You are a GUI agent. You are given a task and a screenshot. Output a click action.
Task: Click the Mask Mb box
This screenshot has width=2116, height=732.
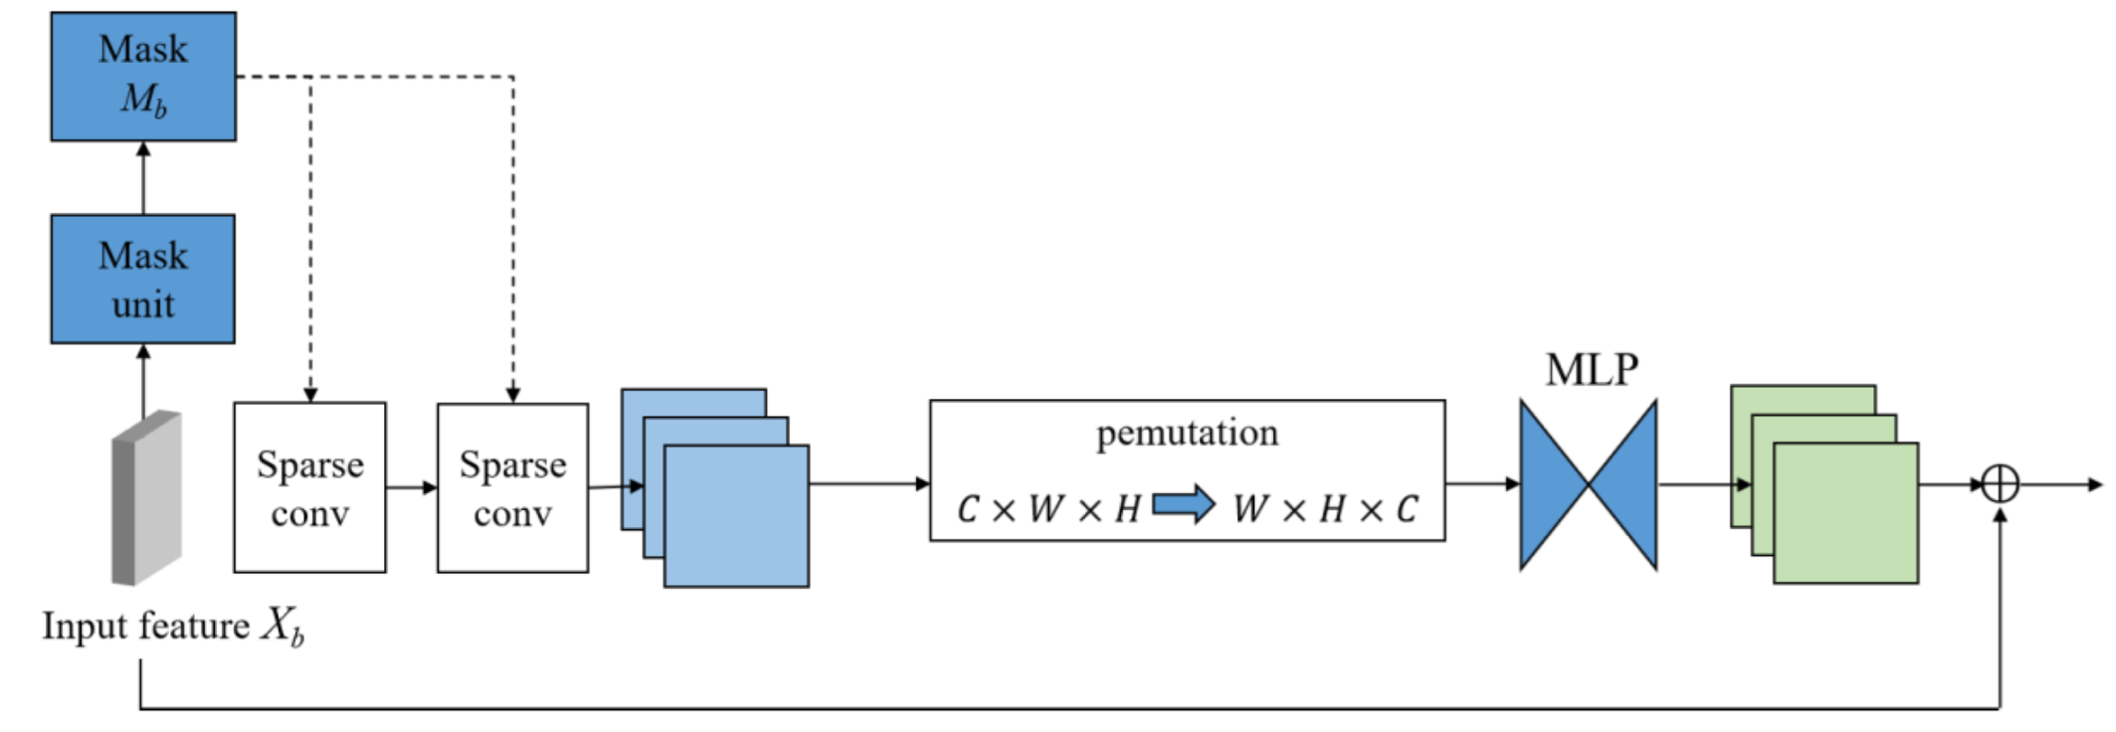(x=143, y=77)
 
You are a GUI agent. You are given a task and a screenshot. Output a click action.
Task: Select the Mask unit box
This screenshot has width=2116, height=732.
(x=143, y=279)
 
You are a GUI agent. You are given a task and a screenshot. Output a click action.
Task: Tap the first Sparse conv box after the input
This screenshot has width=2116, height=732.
(x=309, y=487)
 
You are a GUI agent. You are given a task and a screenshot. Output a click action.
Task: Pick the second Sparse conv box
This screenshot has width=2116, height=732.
(x=512, y=487)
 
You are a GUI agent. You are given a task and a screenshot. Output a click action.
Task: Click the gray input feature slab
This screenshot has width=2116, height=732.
(x=146, y=497)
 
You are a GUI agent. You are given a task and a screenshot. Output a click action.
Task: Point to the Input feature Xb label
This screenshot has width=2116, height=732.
(x=172, y=627)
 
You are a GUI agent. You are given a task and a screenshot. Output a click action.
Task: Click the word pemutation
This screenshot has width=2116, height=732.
(x=1187, y=434)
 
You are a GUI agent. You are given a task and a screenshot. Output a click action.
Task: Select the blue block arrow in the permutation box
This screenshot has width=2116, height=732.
(x=1183, y=505)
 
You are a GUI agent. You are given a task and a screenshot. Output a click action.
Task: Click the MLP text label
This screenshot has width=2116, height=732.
(x=1592, y=370)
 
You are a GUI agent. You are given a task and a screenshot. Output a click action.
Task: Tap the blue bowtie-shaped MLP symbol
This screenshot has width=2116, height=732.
(x=1589, y=485)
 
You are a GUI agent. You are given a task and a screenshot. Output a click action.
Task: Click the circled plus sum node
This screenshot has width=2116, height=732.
(x=2000, y=484)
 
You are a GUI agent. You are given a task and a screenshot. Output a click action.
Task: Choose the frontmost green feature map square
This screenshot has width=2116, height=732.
(x=1845, y=513)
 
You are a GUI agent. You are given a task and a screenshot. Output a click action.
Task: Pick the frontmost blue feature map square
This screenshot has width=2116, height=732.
(x=736, y=516)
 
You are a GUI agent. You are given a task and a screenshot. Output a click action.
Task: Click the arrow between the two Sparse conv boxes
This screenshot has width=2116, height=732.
(x=411, y=487)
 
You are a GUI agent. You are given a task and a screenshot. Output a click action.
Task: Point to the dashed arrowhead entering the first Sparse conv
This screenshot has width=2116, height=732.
(x=310, y=394)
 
